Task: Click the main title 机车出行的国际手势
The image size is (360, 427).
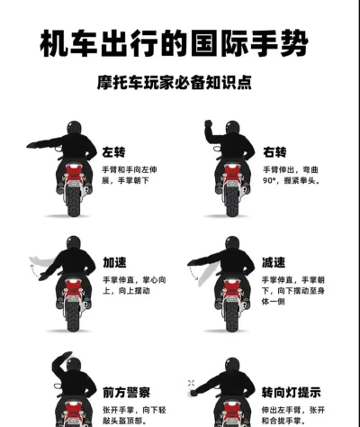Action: point(180,42)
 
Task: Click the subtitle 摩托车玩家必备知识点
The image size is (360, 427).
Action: point(180,81)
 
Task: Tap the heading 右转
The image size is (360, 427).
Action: point(274,150)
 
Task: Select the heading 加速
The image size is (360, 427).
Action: point(114,262)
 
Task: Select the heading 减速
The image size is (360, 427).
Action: point(274,262)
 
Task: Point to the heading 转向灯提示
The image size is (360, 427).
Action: point(291,392)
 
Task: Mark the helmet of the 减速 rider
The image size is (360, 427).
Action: point(232,244)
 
